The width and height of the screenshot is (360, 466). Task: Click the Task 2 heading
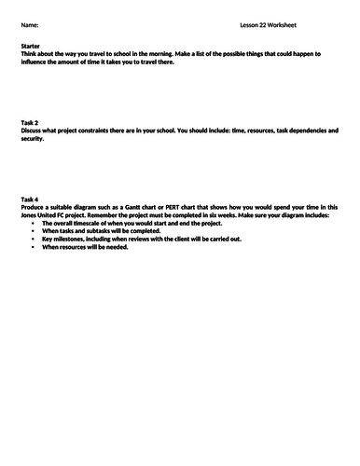[x=29, y=122]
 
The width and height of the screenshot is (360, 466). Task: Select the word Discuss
[x=32, y=130]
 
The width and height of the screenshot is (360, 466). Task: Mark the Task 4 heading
[x=29, y=199]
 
